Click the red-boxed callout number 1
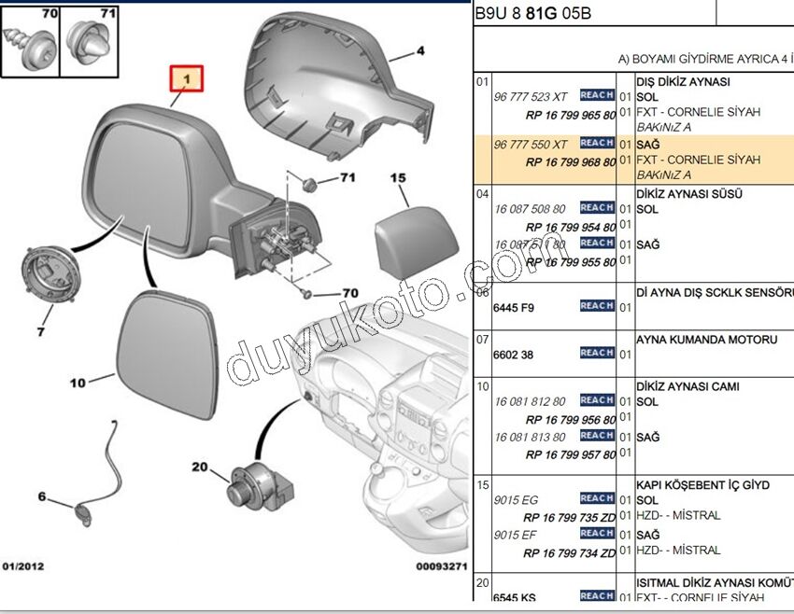tap(187, 80)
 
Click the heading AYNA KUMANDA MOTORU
tap(706, 341)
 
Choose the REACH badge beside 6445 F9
tap(597, 306)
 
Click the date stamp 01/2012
tap(23, 566)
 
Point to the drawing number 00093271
tap(441, 566)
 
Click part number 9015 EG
tap(517, 500)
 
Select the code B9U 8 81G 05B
tap(532, 15)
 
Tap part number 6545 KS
tap(516, 597)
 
